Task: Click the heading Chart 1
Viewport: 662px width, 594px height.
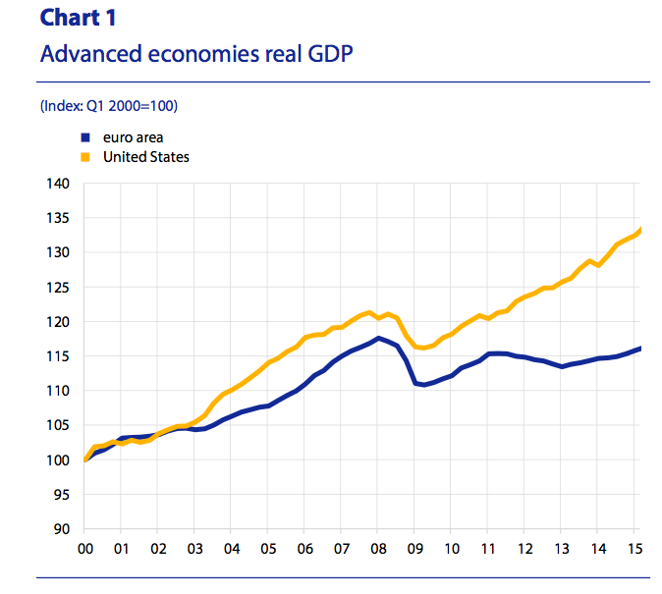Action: pyautogui.click(x=77, y=19)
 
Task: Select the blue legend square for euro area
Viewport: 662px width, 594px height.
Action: pyautogui.click(x=85, y=138)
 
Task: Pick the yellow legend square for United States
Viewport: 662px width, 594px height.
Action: pyautogui.click(x=85, y=157)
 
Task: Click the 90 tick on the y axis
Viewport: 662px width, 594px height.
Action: pyautogui.click(x=61, y=529)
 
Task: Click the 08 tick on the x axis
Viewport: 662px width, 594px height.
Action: pyautogui.click(x=377, y=548)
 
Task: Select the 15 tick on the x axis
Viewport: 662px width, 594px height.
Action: pyautogui.click(x=634, y=548)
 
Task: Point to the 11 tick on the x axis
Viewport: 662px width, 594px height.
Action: pyautogui.click(x=487, y=548)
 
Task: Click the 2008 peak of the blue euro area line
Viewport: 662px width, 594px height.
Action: pyautogui.click(x=378, y=338)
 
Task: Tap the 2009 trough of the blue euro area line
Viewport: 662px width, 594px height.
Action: pyautogui.click(x=423, y=385)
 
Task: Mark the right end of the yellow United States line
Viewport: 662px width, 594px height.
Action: pyautogui.click(x=641, y=229)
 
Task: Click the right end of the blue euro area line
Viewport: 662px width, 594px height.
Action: pyautogui.click(x=641, y=348)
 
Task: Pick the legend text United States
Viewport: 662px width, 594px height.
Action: pyautogui.click(x=145, y=157)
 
